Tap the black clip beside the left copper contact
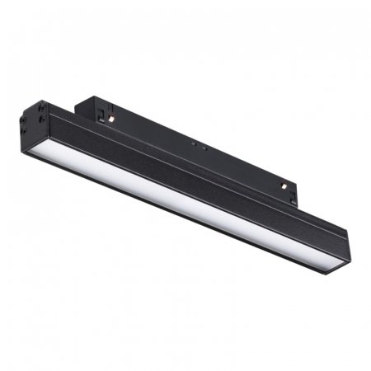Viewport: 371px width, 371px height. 101,113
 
